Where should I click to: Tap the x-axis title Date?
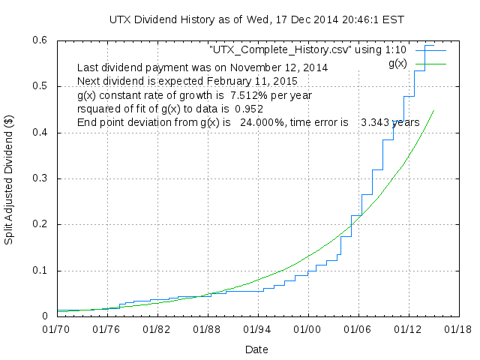(256, 349)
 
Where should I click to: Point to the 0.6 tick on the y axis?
(42, 40)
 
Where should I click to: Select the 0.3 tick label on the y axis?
(42, 178)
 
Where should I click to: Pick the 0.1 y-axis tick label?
(42, 271)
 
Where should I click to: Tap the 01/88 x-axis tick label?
(207, 328)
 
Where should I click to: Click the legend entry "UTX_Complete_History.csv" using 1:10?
(307, 50)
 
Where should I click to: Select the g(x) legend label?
(397, 64)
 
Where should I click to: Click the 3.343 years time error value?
(389, 122)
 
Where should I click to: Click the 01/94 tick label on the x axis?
(256, 328)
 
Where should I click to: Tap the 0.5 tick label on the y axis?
(42, 86)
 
